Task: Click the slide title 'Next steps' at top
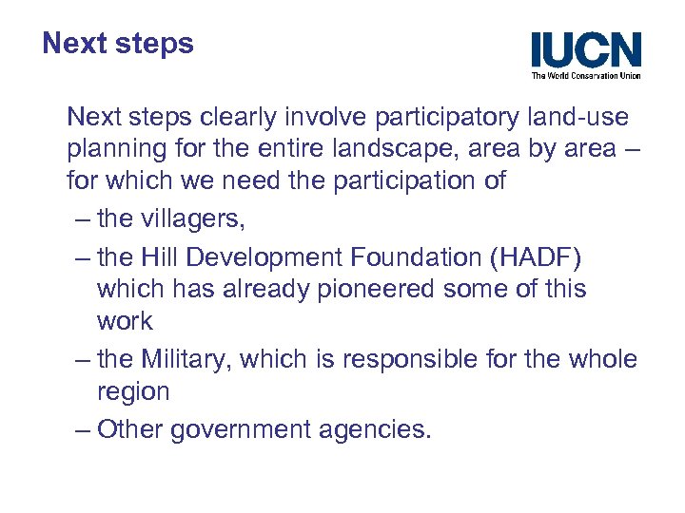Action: (118, 44)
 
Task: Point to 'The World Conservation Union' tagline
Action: (586, 75)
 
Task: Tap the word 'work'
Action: (125, 322)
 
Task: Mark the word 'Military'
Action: (187, 359)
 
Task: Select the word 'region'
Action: (133, 392)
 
